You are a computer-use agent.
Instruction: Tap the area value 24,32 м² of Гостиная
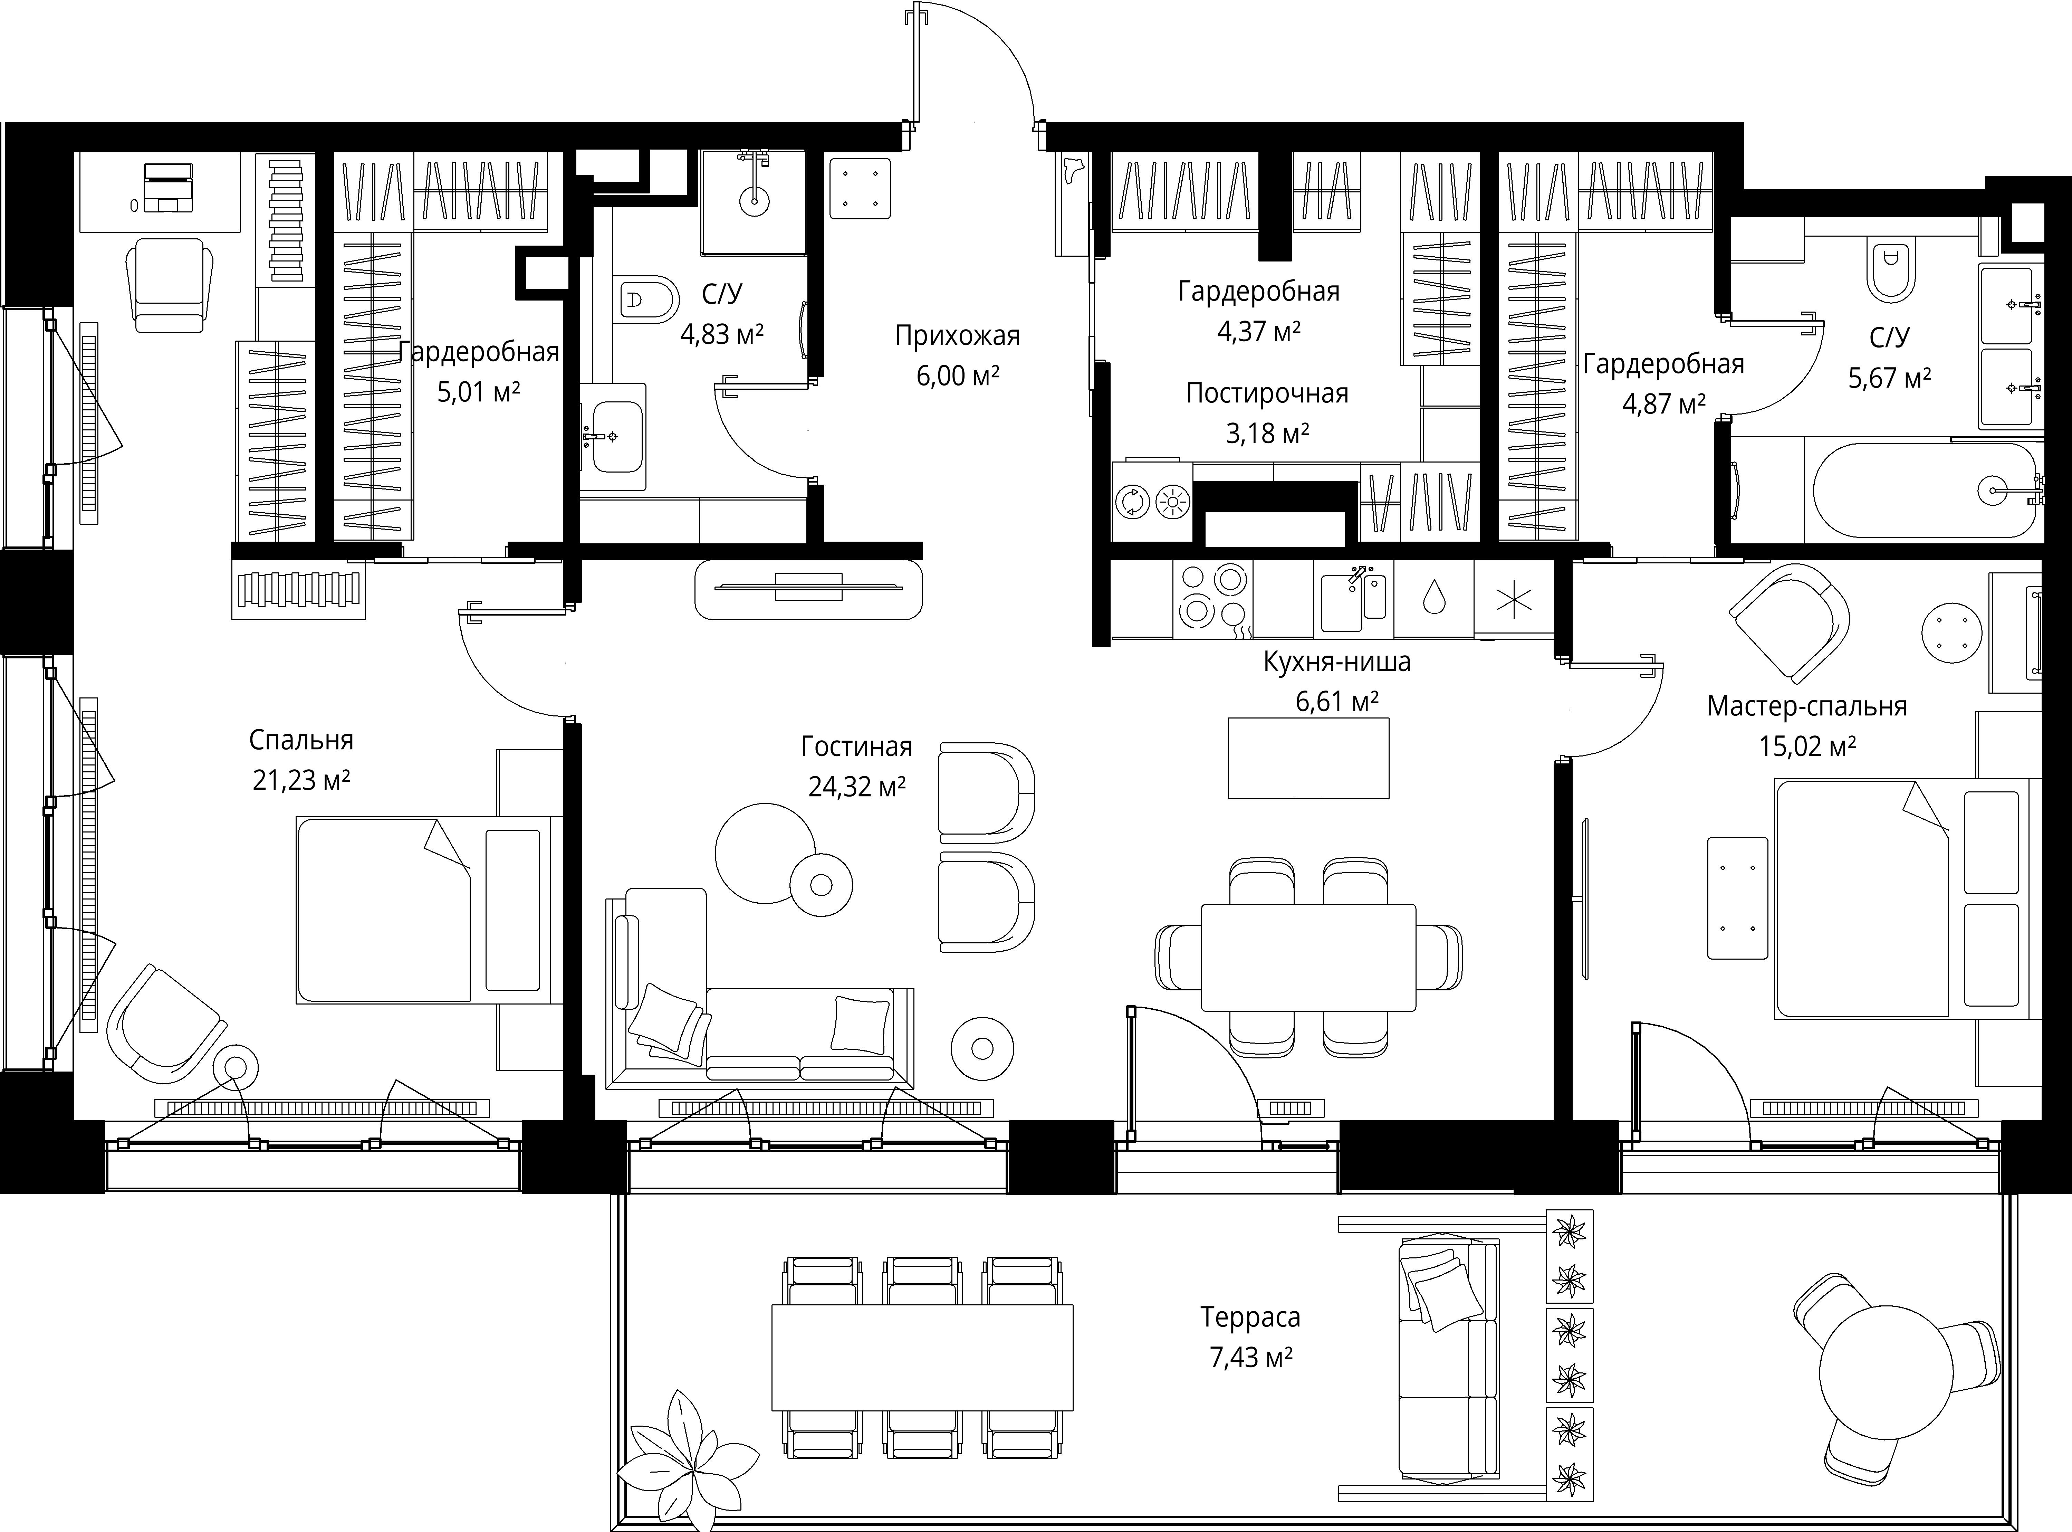tap(857, 787)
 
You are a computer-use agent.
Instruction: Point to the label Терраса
tap(1250, 1317)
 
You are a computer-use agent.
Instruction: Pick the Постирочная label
tap(1266, 393)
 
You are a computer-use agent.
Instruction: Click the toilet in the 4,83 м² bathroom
tap(645, 298)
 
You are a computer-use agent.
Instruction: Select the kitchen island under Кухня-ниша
tap(1308, 758)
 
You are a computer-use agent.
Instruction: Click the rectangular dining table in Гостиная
tap(1308, 957)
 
